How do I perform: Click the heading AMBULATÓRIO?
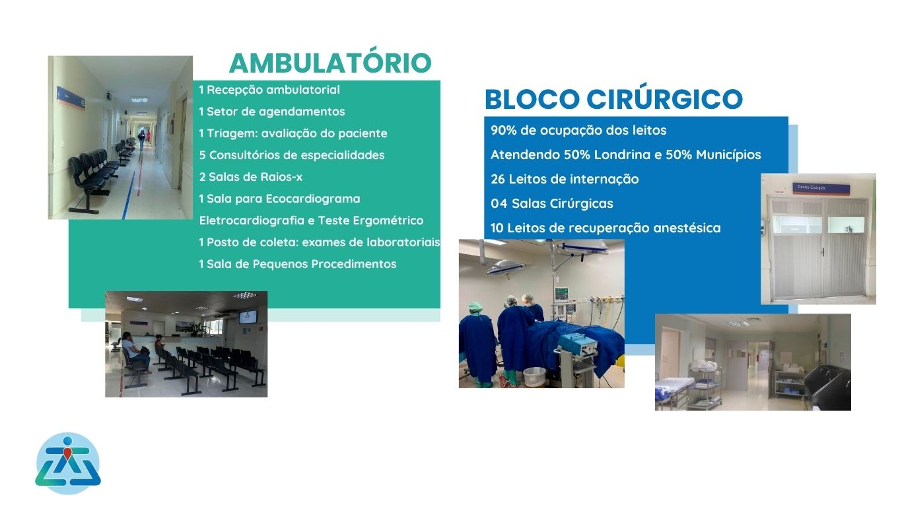330,63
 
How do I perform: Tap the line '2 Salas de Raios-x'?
250,177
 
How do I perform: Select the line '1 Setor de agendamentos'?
272,112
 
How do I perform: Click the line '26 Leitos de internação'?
565,179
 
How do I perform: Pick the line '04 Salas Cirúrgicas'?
551,204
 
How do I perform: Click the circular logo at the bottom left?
67,463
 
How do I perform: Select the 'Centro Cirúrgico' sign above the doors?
821,188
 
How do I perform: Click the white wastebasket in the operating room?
534,377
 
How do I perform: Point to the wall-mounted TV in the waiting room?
248,317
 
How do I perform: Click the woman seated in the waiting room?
135,351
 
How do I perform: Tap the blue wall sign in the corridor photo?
71,98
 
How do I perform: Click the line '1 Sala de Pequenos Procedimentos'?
298,264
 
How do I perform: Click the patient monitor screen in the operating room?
562,294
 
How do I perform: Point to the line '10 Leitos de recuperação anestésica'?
606,228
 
